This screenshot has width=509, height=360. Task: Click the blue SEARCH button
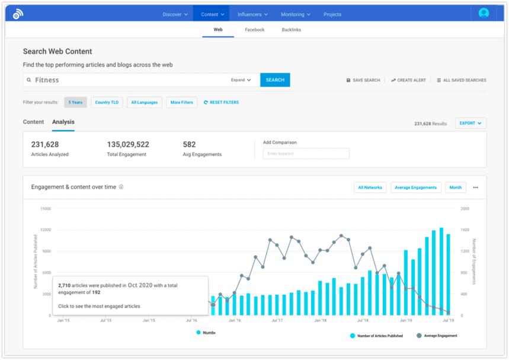[275, 80]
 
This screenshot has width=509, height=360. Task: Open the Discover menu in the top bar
[175, 14]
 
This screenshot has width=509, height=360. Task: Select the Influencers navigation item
[252, 14]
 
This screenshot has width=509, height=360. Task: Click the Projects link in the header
[332, 14]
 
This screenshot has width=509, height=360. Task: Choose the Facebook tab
[255, 30]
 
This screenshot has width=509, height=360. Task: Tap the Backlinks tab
[292, 30]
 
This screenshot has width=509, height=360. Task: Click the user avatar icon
[484, 13]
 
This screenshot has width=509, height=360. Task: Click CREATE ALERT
[408, 80]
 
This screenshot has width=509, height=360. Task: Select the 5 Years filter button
[75, 102]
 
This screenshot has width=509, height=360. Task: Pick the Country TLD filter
[107, 102]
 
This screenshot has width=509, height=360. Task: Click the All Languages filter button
[145, 102]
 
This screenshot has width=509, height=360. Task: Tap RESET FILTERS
[221, 102]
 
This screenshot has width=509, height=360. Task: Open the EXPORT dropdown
[470, 123]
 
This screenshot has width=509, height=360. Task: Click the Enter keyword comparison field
[306, 154]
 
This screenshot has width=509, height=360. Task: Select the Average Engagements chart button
[415, 187]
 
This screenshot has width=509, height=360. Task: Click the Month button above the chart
[455, 187]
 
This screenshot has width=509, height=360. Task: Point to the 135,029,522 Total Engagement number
[128, 144]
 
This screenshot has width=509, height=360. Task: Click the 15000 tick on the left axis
[46, 209]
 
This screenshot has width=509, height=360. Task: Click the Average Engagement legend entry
[440, 336]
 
